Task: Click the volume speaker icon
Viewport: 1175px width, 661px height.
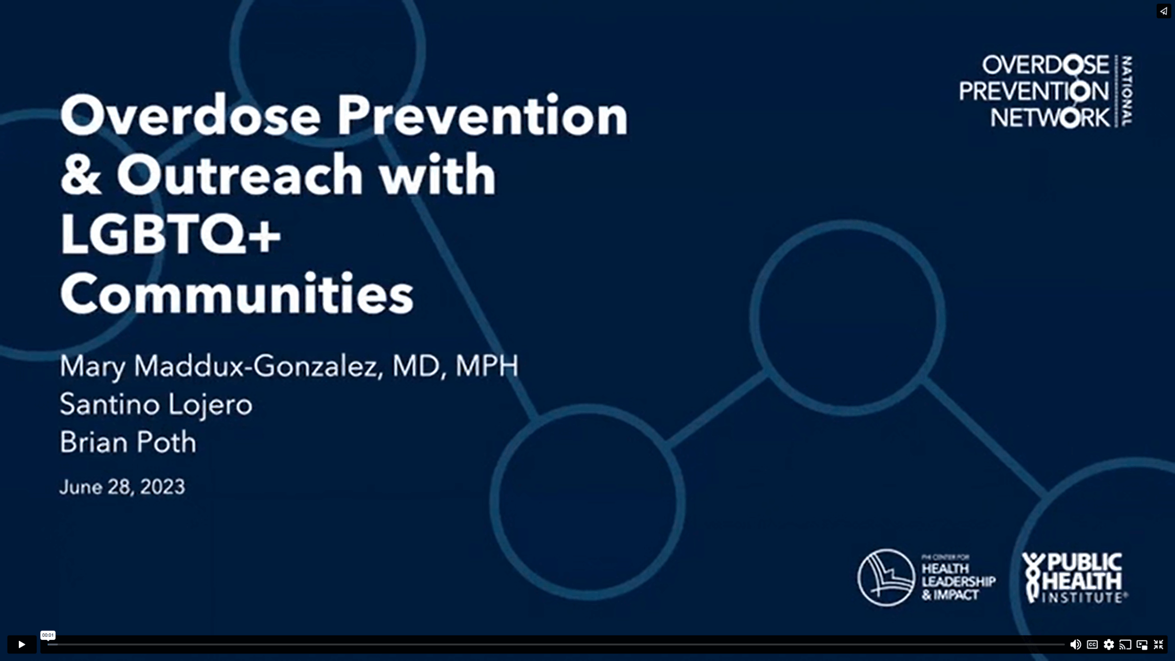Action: tap(1075, 645)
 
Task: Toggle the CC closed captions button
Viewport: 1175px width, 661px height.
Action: tap(1092, 645)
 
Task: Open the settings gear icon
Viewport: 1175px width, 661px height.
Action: tap(1109, 645)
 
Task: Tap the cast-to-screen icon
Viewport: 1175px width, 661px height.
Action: tap(1125, 645)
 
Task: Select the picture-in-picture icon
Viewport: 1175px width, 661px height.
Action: tap(1142, 645)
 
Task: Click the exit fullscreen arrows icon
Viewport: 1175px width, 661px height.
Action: tap(1159, 645)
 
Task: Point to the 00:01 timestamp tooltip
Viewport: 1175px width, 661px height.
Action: tap(47, 635)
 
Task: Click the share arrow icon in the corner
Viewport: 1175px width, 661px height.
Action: tap(1163, 11)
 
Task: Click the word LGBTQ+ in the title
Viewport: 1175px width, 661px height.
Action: tap(170, 234)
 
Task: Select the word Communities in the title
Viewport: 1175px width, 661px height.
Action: tap(236, 294)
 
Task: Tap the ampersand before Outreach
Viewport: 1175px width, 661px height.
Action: tap(80, 175)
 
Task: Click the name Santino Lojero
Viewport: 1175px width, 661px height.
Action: tap(156, 404)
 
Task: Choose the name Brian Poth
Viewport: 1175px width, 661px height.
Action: tap(128, 442)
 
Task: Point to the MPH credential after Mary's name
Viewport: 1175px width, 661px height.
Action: tap(487, 366)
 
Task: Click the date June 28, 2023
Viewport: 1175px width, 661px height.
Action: tap(122, 487)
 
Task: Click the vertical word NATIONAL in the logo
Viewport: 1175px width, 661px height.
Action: tap(1127, 91)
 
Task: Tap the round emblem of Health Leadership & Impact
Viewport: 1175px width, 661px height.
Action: tap(886, 578)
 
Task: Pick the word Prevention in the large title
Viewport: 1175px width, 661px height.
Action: tap(482, 116)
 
